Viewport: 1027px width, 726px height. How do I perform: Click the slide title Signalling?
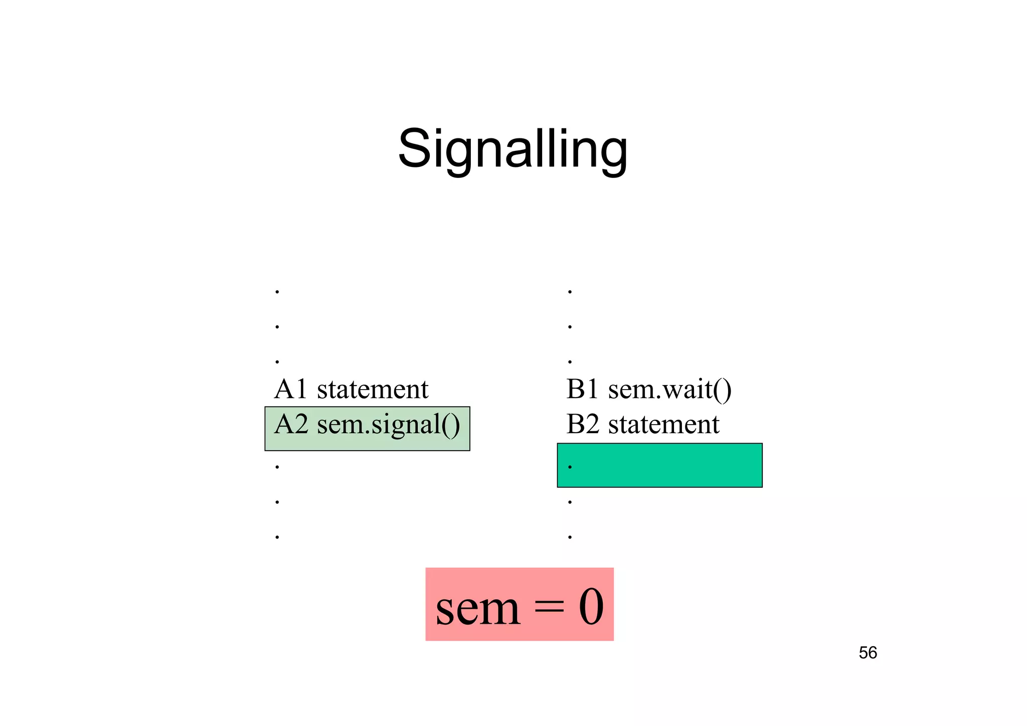pos(512,149)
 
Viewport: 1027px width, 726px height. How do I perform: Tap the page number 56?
pos(868,653)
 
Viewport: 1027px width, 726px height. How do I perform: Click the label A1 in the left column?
pos(290,389)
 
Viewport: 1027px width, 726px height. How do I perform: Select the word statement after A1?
pos(373,389)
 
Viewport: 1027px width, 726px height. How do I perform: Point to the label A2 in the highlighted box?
pos(291,424)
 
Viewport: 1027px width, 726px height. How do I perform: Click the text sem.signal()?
pos(389,425)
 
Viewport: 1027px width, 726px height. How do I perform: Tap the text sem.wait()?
pos(670,390)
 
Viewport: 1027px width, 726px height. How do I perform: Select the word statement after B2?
pos(664,424)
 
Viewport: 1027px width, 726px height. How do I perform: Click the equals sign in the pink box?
pos(549,608)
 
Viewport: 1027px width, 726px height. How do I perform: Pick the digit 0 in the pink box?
pos(591,607)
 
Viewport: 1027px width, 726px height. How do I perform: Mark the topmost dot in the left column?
pos(277,292)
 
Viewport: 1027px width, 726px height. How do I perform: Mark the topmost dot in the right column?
pos(570,292)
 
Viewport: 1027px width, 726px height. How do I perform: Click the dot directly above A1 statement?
pos(277,361)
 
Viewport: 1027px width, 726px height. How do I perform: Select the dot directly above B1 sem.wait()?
pos(570,361)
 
